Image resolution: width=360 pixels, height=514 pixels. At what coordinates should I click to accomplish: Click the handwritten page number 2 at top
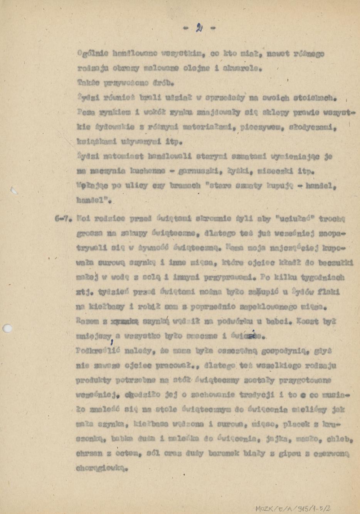click(x=199, y=28)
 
